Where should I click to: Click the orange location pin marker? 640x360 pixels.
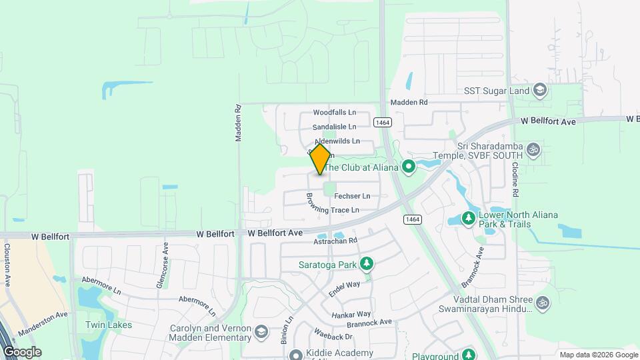(x=321, y=159)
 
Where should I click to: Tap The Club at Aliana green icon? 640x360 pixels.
(x=409, y=167)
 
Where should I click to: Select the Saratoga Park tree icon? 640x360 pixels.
(x=365, y=265)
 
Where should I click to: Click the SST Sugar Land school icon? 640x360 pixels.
(x=539, y=91)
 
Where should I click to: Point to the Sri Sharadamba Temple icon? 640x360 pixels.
(x=532, y=149)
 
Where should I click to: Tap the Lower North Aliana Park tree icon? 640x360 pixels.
(x=469, y=219)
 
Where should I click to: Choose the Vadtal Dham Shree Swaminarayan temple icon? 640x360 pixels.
(x=543, y=303)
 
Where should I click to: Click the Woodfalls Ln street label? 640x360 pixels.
(x=335, y=113)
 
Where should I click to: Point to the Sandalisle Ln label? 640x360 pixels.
(x=335, y=127)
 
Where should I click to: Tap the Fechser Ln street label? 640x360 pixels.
(x=352, y=196)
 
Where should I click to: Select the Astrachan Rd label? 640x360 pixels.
(x=336, y=241)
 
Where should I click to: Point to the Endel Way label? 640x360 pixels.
(x=344, y=289)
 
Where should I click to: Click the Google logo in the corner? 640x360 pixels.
(x=22, y=351)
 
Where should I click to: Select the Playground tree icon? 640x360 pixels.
(x=469, y=355)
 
